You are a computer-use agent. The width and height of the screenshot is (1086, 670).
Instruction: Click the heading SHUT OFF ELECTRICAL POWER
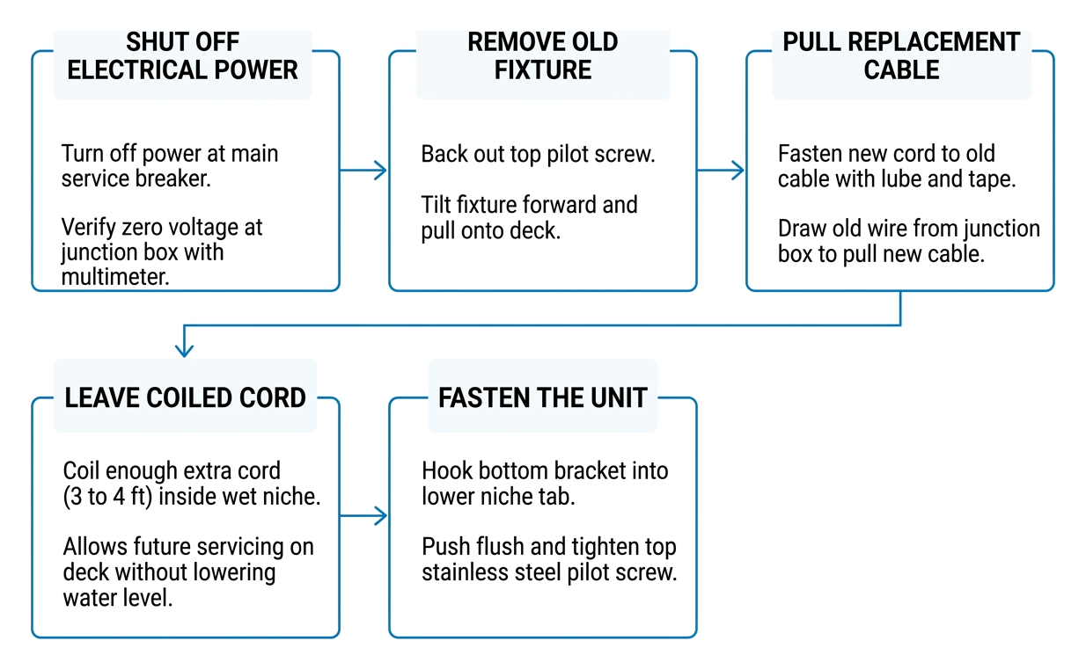pos(182,55)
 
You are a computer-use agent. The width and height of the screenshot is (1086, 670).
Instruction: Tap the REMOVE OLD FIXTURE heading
pos(542,55)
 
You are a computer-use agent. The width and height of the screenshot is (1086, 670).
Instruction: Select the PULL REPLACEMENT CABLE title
pos(901,55)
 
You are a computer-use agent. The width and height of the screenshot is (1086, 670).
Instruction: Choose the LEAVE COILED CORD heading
pos(185,397)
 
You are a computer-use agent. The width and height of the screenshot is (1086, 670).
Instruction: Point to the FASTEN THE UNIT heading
pos(542,397)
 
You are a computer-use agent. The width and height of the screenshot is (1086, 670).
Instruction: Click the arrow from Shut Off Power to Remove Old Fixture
pos(363,170)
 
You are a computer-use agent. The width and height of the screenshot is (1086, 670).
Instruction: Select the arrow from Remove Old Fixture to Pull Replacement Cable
pos(721,170)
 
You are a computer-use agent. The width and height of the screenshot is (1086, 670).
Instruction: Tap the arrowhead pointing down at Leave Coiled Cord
pos(184,350)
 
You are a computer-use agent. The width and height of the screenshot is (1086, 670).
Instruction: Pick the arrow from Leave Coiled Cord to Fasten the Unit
pos(363,515)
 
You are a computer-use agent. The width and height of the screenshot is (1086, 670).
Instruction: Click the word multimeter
pos(115,277)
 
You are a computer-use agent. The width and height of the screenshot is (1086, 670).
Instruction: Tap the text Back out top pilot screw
pos(538,155)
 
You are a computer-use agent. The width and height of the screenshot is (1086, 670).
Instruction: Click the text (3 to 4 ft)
pos(107,497)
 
